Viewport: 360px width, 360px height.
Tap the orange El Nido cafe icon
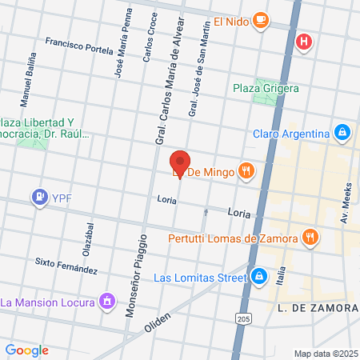tap(259, 20)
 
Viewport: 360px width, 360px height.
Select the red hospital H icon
tap(303, 42)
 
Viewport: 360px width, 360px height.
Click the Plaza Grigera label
tap(266, 88)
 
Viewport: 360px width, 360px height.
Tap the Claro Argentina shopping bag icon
tap(342, 133)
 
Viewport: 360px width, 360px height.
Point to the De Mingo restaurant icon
tap(246, 170)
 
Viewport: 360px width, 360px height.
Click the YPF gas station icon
tap(38, 196)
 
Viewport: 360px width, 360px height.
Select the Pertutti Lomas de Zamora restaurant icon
tap(309, 237)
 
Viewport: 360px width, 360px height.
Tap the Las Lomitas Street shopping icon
tap(258, 278)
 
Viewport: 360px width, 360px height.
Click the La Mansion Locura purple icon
tap(106, 302)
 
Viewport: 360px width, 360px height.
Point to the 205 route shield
tap(243, 318)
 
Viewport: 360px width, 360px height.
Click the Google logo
tap(26, 350)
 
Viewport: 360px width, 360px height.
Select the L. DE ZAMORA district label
tap(317, 308)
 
